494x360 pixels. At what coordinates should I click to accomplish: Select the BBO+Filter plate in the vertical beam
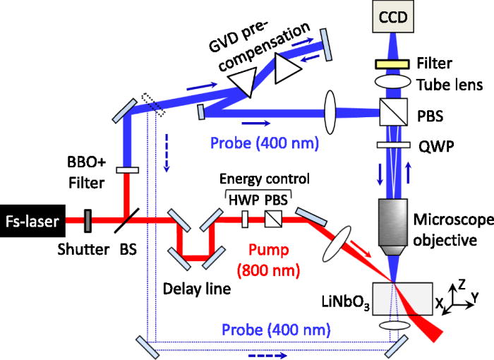[x=126, y=169]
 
